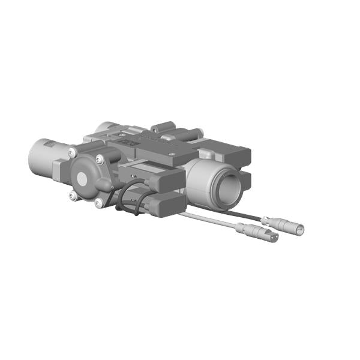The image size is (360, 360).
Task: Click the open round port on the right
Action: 230,190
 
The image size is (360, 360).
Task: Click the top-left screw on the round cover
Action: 72,151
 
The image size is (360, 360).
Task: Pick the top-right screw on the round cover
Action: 100,158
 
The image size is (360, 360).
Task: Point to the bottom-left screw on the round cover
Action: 72,195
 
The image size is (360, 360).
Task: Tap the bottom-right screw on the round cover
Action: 98,203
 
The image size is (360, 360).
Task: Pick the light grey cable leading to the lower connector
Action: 210,220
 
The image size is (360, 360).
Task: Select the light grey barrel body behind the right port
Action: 201,180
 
